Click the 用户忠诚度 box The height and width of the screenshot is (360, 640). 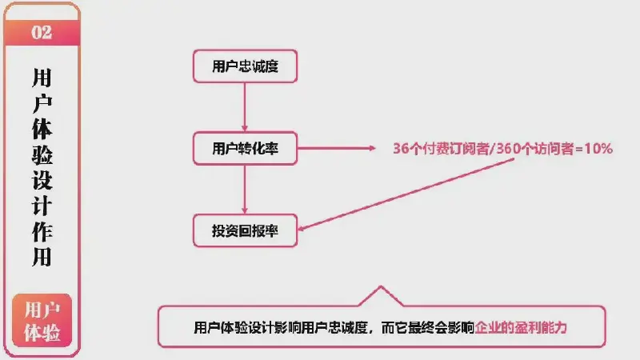coord(245,66)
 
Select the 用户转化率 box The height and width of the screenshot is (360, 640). coord(245,148)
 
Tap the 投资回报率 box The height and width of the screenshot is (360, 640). coord(245,230)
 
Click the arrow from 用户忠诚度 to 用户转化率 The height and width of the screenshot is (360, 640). coord(245,107)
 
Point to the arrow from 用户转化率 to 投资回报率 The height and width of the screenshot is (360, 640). coord(245,190)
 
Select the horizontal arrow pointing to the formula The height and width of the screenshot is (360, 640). coord(336,148)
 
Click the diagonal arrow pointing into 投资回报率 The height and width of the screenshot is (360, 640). coord(406,194)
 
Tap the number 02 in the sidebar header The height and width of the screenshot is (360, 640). coord(42,32)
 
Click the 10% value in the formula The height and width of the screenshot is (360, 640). coord(598,149)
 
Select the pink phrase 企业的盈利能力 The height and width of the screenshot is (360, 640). coord(521,327)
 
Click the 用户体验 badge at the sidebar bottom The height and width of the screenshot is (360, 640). coord(42,321)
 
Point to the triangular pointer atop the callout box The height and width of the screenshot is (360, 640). coord(381,296)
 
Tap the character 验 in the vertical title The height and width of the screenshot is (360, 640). coord(42,154)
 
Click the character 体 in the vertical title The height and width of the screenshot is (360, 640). coord(42,129)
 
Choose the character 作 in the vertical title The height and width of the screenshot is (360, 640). coord(42,231)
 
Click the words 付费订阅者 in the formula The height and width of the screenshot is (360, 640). coord(455,149)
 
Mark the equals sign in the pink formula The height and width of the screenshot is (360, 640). coord(579,149)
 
